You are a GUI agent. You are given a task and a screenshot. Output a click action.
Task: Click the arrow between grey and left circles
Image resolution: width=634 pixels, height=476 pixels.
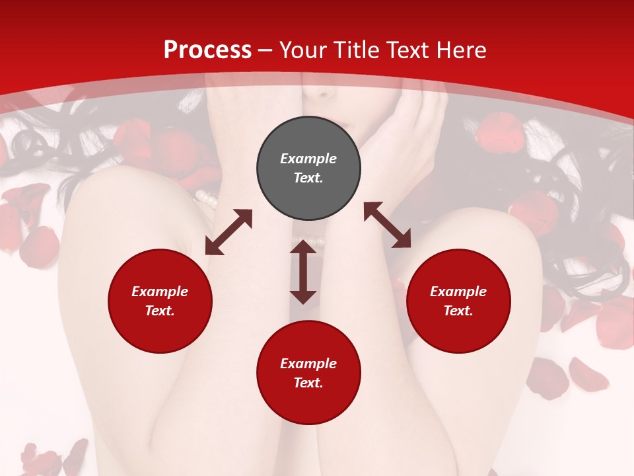coord(229,232)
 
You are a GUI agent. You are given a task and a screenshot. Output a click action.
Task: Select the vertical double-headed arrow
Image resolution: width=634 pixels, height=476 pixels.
coord(303,272)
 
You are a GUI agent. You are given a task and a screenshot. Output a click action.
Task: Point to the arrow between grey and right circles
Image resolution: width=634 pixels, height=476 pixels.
coord(387,225)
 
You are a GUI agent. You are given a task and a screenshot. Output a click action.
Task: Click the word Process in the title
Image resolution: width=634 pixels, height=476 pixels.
coord(207,50)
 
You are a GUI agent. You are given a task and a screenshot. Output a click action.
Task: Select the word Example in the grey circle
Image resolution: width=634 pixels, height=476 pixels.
coord(308,159)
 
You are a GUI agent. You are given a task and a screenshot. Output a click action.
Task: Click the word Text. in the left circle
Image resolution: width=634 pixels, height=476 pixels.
coord(160,311)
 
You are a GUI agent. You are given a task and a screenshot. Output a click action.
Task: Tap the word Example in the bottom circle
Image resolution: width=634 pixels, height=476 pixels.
coord(308,364)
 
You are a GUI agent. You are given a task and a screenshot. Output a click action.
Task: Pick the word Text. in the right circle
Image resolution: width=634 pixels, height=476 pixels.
coord(458,311)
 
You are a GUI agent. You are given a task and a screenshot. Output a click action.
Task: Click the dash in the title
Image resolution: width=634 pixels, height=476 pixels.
coord(265,50)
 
